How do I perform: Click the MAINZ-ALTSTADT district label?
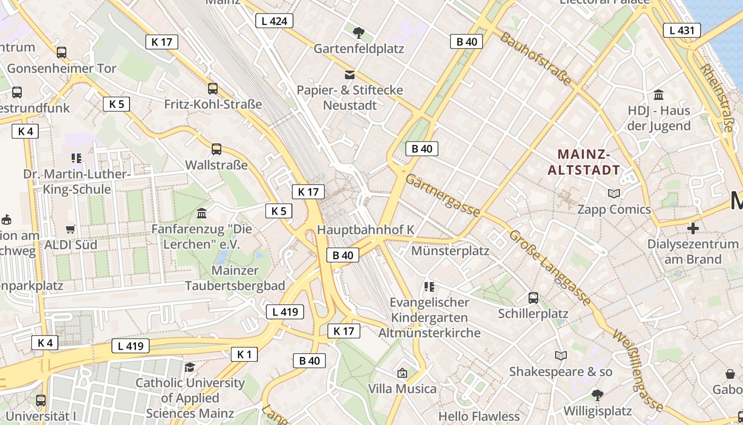click(x=583, y=163)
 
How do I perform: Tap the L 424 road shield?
click(x=274, y=21)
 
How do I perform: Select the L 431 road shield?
click(x=681, y=30)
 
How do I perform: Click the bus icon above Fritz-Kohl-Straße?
click(x=213, y=89)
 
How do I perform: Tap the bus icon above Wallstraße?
click(x=216, y=149)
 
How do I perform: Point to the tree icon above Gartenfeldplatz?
click(x=359, y=33)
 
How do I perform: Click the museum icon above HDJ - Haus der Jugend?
click(x=659, y=95)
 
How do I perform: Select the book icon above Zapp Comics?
click(x=614, y=194)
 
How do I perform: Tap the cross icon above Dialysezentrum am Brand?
click(x=693, y=229)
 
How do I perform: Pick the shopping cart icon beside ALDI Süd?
click(x=70, y=229)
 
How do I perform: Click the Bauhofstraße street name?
click(x=535, y=58)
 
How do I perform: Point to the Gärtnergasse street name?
click(x=443, y=195)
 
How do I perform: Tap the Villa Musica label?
click(x=402, y=388)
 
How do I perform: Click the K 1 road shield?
click(x=244, y=354)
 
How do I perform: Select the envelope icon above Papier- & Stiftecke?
click(x=350, y=74)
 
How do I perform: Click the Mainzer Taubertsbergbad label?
click(x=235, y=278)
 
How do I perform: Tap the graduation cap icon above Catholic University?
click(x=189, y=367)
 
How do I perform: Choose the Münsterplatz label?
click(x=450, y=251)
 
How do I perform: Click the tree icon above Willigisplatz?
click(x=597, y=395)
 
